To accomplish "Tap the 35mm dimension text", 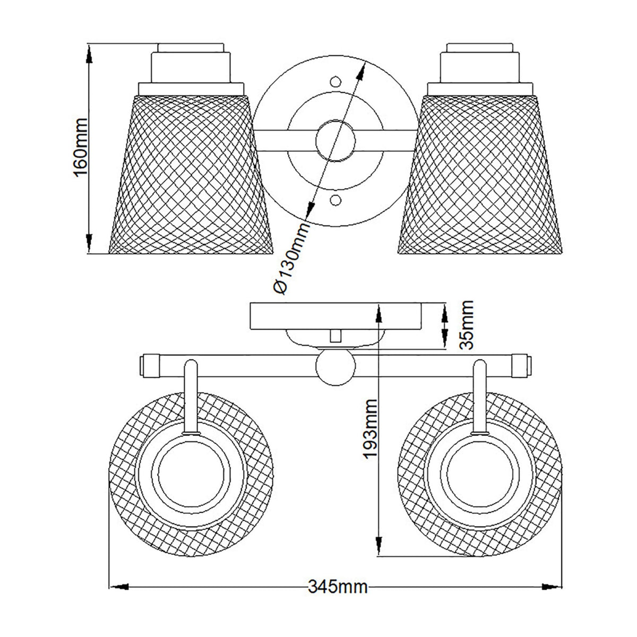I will tap(466, 324).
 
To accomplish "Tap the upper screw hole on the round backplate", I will tap(335, 82).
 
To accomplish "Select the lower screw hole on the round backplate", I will tap(335, 200).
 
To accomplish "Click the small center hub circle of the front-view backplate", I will tap(335, 141).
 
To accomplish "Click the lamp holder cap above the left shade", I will tap(191, 64).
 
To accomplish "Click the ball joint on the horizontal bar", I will tap(335, 366).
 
